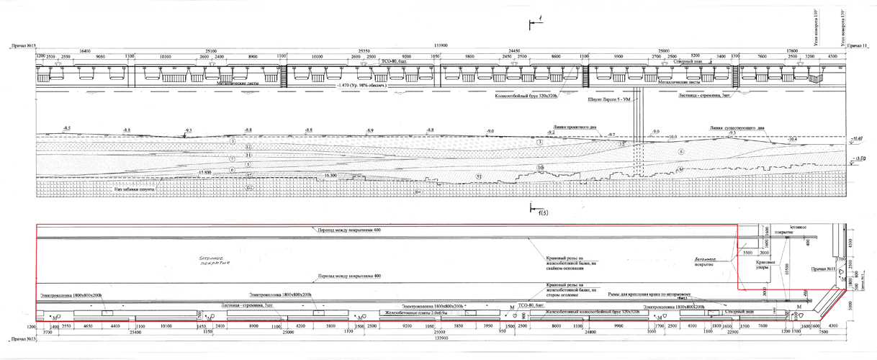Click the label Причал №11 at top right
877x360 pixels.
pyautogui.click(x=858, y=45)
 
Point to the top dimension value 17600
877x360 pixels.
pyautogui.click(x=786, y=50)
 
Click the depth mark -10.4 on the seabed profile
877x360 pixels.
pyautogui.click(x=793, y=138)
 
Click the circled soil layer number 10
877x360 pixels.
pyautogui.click(x=540, y=168)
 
